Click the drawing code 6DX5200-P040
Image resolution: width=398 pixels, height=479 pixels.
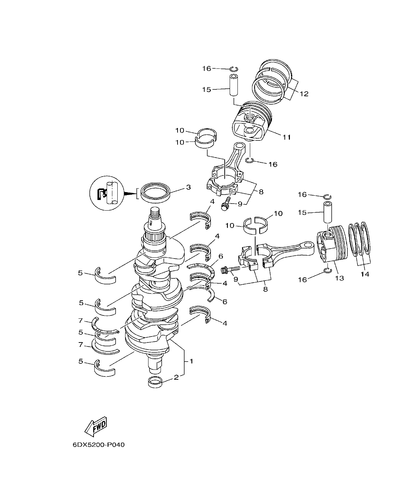(x=99, y=445)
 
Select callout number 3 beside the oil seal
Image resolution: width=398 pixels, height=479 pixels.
(x=188, y=187)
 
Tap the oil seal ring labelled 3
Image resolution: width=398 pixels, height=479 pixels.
(x=156, y=193)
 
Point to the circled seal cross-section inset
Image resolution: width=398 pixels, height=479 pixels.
(x=107, y=193)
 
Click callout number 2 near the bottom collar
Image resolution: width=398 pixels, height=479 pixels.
(x=176, y=378)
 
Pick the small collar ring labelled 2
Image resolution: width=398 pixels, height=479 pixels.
(x=156, y=383)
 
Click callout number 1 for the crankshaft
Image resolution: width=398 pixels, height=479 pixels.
(x=191, y=361)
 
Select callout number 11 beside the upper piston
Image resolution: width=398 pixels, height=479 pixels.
(x=287, y=137)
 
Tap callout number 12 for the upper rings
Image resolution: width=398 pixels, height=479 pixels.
(x=304, y=94)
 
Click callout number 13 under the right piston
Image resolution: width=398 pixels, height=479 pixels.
(x=339, y=278)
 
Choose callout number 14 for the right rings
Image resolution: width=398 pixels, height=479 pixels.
(x=365, y=274)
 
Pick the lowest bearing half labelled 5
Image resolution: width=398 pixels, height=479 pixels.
(x=105, y=368)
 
